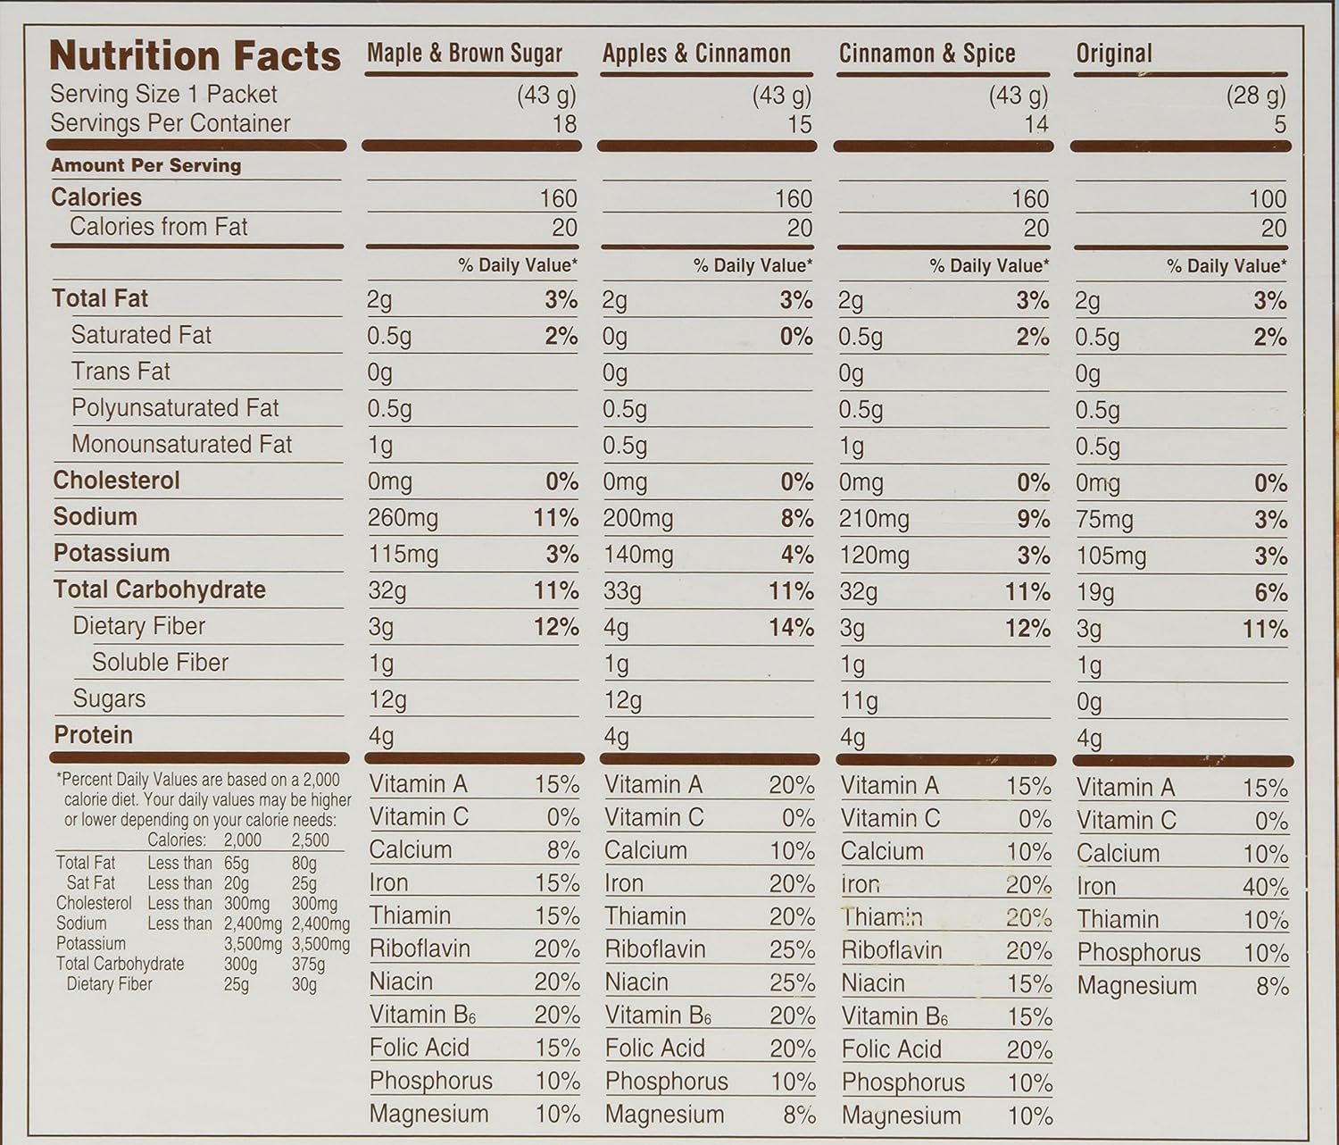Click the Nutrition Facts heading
[x=195, y=55]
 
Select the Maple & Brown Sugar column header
[x=464, y=54]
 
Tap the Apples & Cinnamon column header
[x=696, y=54]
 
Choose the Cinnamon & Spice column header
[x=927, y=54]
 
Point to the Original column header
[x=1114, y=54]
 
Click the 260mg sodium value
[x=403, y=518]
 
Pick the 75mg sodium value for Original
[x=1104, y=520]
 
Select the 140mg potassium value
[x=637, y=555]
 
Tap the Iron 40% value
[x=1265, y=887]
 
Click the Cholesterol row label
[x=116, y=481]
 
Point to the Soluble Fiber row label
[x=160, y=662]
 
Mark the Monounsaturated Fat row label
[x=181, y=444]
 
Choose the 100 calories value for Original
[x=1267, y=198]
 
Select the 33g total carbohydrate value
[x=621, y=591]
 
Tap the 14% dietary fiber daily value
[x=791, y=628]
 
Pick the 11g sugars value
[x=858, y=701]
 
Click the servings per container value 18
[x=564, y=124]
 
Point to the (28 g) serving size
[x=1255, y=95]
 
